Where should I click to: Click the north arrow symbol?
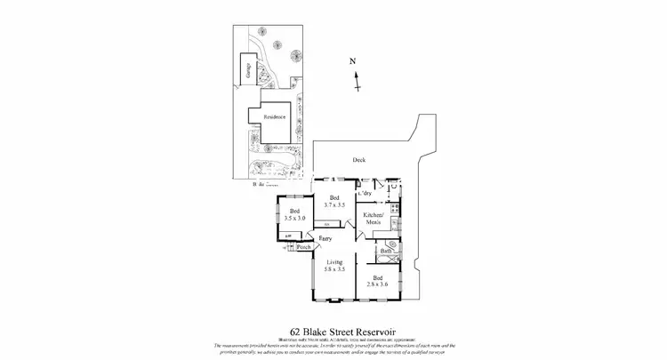pos(357,81)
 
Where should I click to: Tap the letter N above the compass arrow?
pos(353,60)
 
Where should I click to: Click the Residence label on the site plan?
pos(275,116)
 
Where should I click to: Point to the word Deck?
pos(358,160)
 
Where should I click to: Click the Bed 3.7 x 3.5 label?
pos(334,201)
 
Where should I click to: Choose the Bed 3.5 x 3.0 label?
pos(294,214)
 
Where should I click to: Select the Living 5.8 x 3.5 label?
pos(334,266)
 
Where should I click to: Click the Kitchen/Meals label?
pos(374,218)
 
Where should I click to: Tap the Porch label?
pos(304,247)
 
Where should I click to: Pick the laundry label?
pos(365,193)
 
